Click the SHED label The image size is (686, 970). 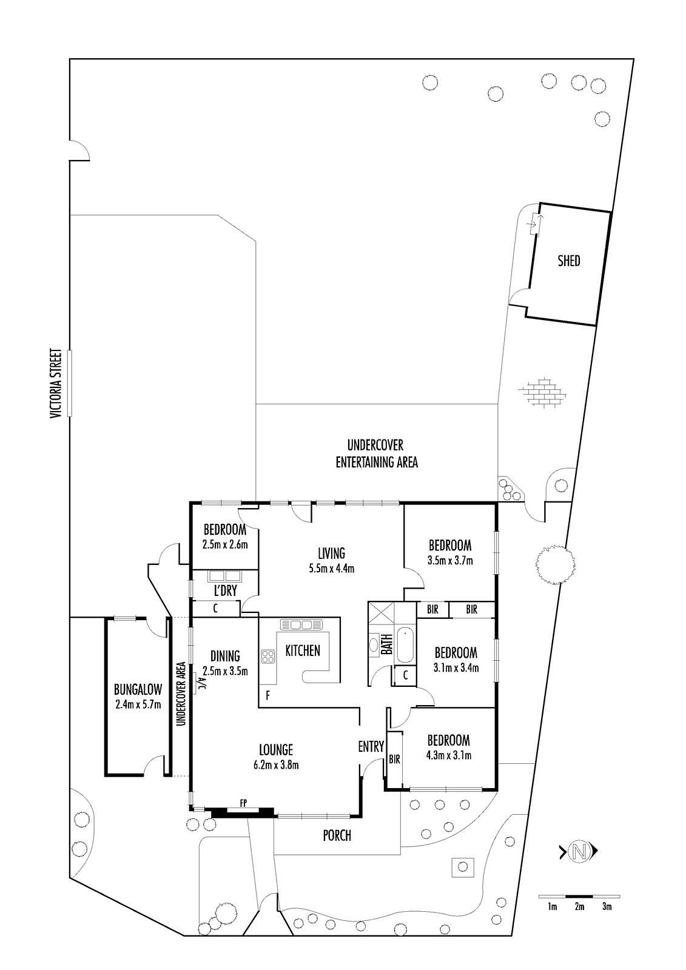coord(568,261)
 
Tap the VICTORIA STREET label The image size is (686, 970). coord(56,384)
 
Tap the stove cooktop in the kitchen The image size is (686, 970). coord(267,656)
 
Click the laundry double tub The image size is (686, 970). coord(225,576)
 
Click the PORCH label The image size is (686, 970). coord(337,835)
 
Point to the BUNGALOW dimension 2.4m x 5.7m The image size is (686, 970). coord(138,704)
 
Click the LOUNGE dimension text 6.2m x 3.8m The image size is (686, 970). coord(276,765)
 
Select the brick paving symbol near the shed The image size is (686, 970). coord(542,392)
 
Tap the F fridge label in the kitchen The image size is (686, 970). coord(268,696)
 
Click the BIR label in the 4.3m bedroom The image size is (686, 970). coord(394,759)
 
